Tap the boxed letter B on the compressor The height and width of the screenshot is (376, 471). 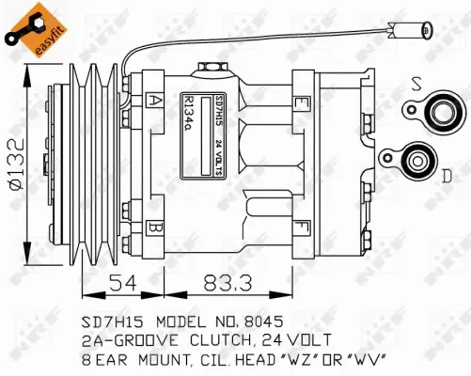[x=154, y=227]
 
